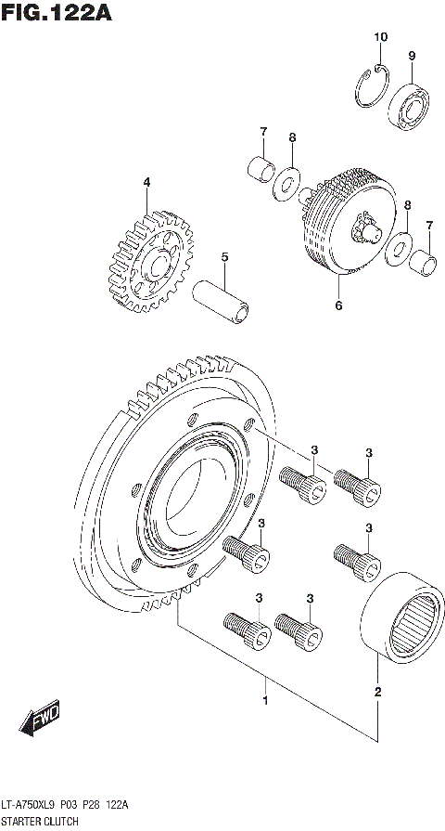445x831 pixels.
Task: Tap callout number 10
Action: [x=380, y=37]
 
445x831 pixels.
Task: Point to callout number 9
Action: [x=412, y=57]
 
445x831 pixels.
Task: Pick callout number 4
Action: [x=146, y=182]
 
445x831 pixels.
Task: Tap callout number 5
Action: [x=223, y=257]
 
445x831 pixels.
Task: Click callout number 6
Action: [x=338, y=305]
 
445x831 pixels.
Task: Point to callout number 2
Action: [x=377, y=691]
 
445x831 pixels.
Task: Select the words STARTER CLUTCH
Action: [x=40, y=823]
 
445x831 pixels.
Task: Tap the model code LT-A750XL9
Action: [x=29, y=805]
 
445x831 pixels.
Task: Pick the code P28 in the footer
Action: [x=93, y=805]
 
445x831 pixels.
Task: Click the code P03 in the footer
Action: [x=70, y=805]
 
